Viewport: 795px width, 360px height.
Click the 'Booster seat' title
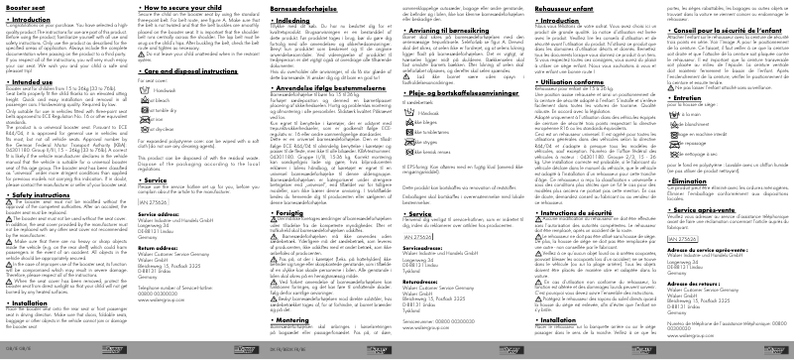point(29,8)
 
